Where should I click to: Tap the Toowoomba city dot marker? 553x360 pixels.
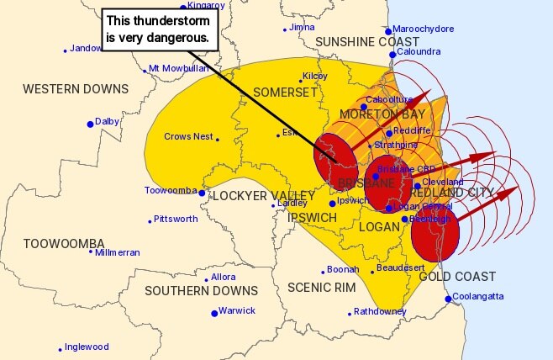pyautogui.click(x=203, y=193)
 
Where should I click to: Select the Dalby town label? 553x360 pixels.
pyautogui.click(x=107, y=122)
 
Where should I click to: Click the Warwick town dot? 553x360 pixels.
pyautogui.click(x=213, y=313)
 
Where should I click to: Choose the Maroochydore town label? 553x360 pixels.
pyautogui.click(x=425, y=29)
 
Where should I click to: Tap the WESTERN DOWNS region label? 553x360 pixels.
pyautogui.click(x=76, y=89)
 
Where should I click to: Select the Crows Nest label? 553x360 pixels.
pyautogui.click(x=187, y=136)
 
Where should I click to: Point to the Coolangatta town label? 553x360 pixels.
pyautogui.click(x=477, y=296)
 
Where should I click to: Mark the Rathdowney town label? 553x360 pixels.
pyautogui.click(x=380, y=312)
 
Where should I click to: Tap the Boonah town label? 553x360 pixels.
pyautogui.click(x=343, y=270)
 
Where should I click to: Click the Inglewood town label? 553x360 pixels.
pyautogui.click(x=87, y=347)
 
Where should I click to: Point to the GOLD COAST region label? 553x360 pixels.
pyautogui.click(x=456, y=277)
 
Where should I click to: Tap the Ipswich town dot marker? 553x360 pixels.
pyautogui.click(x=333, y=203)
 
